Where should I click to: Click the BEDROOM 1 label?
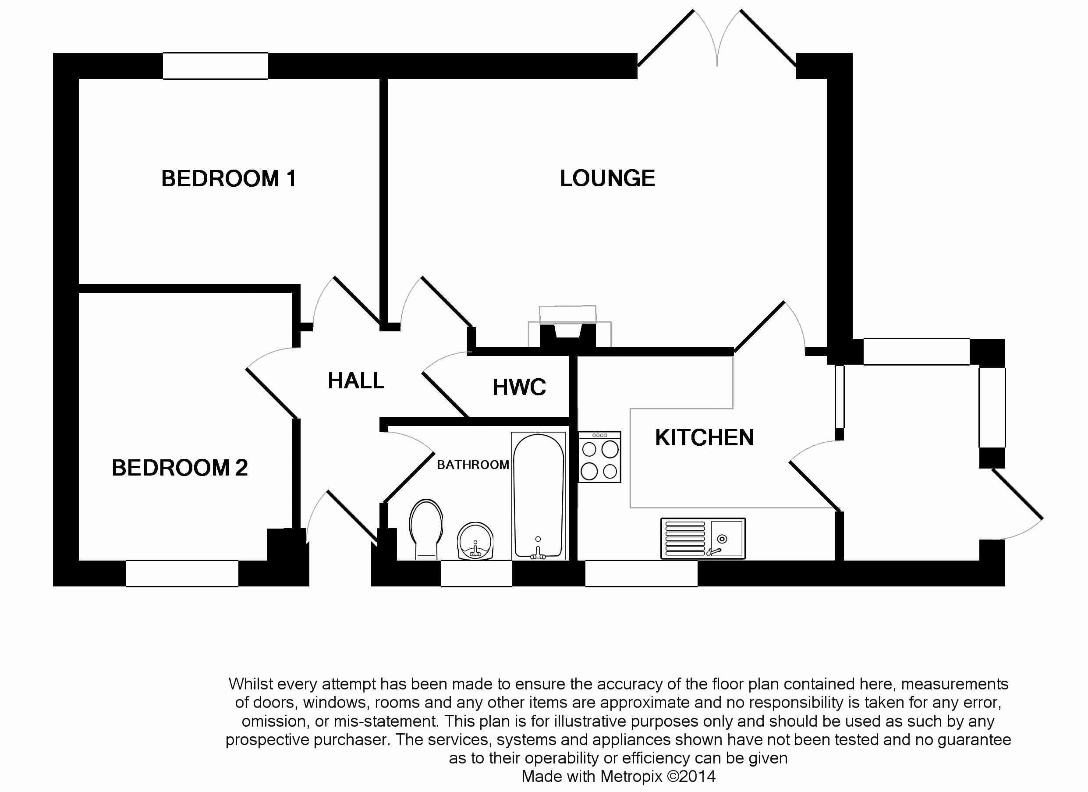click(x=228, y=178)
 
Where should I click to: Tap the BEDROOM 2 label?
click(x=179, y=468)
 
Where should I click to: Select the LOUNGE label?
click(x=607, y=178)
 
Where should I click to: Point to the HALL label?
click(x=356, y=381)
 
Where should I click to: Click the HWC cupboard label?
click(x=519, y=387)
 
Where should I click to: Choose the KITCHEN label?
click(x=704, y=437)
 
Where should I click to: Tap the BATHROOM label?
click(x=472, y=464)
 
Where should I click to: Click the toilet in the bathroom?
click(x=425, y=529)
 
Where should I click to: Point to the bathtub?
click(x=538, y=496)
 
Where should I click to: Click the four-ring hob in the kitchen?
click(x=599, y=457)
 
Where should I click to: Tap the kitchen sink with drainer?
click(x=703, y=538)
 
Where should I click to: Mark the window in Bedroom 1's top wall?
click(x=216, y=66)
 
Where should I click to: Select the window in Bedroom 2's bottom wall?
click(x=182, y=573)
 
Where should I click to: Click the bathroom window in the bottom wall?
click(x=476, y=573)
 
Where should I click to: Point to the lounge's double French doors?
click(x=717, y=41)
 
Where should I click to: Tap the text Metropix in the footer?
click(x=631, y=776)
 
